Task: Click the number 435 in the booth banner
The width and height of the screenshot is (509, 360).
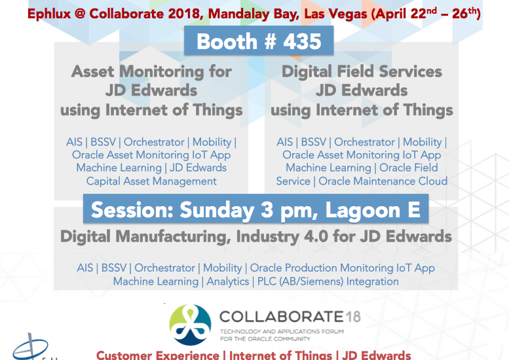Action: (302, 41)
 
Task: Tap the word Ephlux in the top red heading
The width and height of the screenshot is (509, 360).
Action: (49, 14)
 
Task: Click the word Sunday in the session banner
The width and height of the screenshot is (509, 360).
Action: (217, 210)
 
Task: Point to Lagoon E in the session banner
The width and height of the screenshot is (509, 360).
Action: (373, 210)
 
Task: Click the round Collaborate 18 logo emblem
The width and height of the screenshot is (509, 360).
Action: (190, 324)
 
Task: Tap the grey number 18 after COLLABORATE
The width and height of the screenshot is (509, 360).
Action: (353, 317)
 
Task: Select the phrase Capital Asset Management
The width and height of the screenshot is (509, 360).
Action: (151, 181)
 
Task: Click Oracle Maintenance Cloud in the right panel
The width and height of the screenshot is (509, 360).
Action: (383, 181)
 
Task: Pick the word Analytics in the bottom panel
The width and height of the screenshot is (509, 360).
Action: (228, 281)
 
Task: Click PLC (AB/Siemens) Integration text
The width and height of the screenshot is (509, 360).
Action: (328, 281)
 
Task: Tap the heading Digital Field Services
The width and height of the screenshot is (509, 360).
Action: (362, 71)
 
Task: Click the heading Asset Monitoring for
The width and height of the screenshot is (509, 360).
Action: (151, 72)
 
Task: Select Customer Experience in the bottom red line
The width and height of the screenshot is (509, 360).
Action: (158, 355)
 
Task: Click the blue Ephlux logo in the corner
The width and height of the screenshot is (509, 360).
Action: (31, 347)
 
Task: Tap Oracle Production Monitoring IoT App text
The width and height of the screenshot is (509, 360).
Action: (342, 268)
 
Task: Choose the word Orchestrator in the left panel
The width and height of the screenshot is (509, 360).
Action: (154, 142)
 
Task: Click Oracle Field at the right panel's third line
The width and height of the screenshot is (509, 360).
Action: (409, 168)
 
